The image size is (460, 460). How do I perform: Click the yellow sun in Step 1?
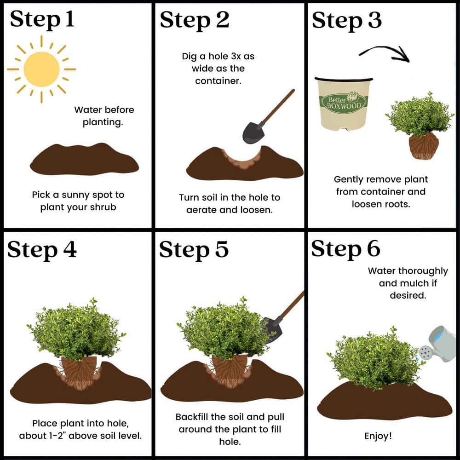click(41, 69)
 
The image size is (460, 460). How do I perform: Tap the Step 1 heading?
click(42, 19)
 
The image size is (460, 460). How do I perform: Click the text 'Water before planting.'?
click(104, 116)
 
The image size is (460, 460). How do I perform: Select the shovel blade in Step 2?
click(253, 132)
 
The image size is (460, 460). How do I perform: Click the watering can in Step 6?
click(438, 344)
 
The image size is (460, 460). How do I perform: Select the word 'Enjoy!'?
click(378, 436)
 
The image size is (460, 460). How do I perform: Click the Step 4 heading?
click(42, 249)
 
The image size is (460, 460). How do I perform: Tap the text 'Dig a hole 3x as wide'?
click(218, 62)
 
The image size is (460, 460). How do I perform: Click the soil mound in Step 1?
click(84, 159)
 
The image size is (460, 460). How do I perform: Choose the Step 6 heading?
click(345, 249)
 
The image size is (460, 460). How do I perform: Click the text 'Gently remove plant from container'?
click(381, 185)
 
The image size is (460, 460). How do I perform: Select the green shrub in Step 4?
click(76, 330)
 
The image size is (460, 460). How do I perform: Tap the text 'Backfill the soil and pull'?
click(230, 417)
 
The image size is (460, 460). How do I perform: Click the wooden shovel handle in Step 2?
click(277, 107)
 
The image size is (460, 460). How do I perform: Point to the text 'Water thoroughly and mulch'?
click(408, 277)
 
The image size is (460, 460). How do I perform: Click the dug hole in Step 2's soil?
click(242, 161)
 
